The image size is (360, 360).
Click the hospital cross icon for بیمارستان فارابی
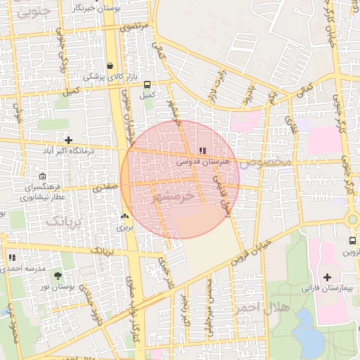point(327,276)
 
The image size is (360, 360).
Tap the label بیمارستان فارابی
point(325,288)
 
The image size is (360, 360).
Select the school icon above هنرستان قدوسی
point(203,150)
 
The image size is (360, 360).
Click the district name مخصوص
point(264,162)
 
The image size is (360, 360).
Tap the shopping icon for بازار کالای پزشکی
point(110,65)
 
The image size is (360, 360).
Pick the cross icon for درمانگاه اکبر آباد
point(68,140)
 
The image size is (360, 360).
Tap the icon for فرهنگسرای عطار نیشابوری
point(43,177)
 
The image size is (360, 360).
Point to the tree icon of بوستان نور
point(58,276)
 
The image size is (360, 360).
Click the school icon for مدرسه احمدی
point(12,258)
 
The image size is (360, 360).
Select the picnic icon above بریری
point(124,217)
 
